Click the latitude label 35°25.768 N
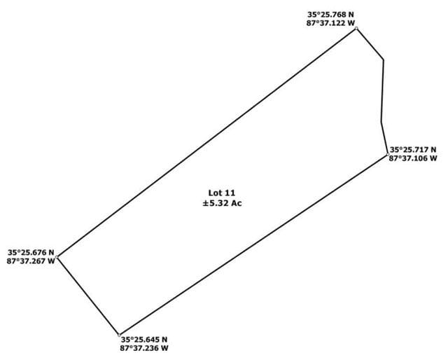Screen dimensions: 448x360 pyautogui.click(x=330, y=15)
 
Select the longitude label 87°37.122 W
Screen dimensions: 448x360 pyautogui.click(x=330, y=23)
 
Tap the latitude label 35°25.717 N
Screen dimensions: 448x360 pyautogui.click(x=413, y=150)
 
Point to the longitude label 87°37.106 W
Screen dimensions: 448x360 pyautogui.click(x=413, y=158)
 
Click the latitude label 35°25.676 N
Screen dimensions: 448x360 pyautogui.click(x=31, y=252)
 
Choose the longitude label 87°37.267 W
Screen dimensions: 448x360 pyautogui.click(x=31, y=261)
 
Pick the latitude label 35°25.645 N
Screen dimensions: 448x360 pyautogui.click(x=144, y=340)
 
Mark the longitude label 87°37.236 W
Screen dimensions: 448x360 pyautogui.click(x=144, y=348)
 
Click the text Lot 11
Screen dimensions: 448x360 pyautogui.click(x=222, y=193)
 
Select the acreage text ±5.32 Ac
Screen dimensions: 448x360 pyautogui.click(x=223, y=203)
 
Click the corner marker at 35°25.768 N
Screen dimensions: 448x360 pyautogui.click(x=356, y=28)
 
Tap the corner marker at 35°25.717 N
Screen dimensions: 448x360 pyautogui.click(x=388, y=154)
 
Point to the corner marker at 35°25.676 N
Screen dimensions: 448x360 pyautogui.click(x=57, y=257)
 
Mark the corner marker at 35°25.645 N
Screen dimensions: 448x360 pyautogui.click(x=119, y=335)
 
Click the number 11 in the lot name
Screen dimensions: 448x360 pyautogui.click(x=230, y=193)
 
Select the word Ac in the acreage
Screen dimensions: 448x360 pyautogui.click(x=237, y=203)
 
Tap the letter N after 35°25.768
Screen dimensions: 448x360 pyautogui.click(x=351, y=15)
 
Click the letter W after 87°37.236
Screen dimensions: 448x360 pyautogui.click(x=164, y=348)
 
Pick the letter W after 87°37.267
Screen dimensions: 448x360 pyautogui.click(x=51, y=261)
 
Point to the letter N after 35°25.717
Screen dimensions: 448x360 pyautogui.click(x=434, y=150)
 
